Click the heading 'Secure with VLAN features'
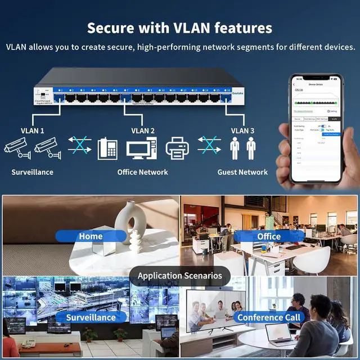(x=180, y=28)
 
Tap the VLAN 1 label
(x=33, y=131)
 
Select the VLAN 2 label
(x=143, y=131)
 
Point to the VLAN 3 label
(x=243, y=131)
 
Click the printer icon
(x=177, y=148)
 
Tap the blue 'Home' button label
(x=91, y=236)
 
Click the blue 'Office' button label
(x=269, y=236)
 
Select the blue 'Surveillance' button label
(x=91, y=317)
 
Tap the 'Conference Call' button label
(x=269, y=317)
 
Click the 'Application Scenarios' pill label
(x=180, y=276)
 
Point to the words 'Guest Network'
(x=242, y=172)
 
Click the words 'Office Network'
(x=142, y=172)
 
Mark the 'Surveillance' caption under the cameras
(x=33, y=172)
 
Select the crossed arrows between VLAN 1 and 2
(x=80, y=145)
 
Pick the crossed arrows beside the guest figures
(x=209, y=145)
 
